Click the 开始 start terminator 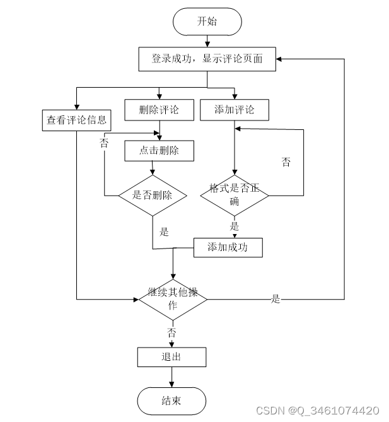[x=207, y=21]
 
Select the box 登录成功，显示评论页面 [x=207, y=59]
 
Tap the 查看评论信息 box [x=77, y=120]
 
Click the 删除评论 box [x=160, y=110]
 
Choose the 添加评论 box [x=235, y=110]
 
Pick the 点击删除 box [x=160, y=151]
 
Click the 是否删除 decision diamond [x=153, y=196]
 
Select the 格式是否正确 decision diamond [x=235, y=196]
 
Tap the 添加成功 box [x=228, y=248]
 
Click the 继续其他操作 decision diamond [x=173, y=300]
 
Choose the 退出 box [x=172, y=357]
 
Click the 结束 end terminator [x=171, y=401]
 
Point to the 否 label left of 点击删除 [x=104, y=143]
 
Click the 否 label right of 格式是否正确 [x=286, y=162]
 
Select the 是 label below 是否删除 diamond [x=164, y=232]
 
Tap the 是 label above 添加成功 [x=235, y=226]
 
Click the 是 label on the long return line [x=276, y=299]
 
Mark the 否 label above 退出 [x=171, y=333]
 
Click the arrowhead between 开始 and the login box [x=207, y=44]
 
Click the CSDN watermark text [x=318, y=411]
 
